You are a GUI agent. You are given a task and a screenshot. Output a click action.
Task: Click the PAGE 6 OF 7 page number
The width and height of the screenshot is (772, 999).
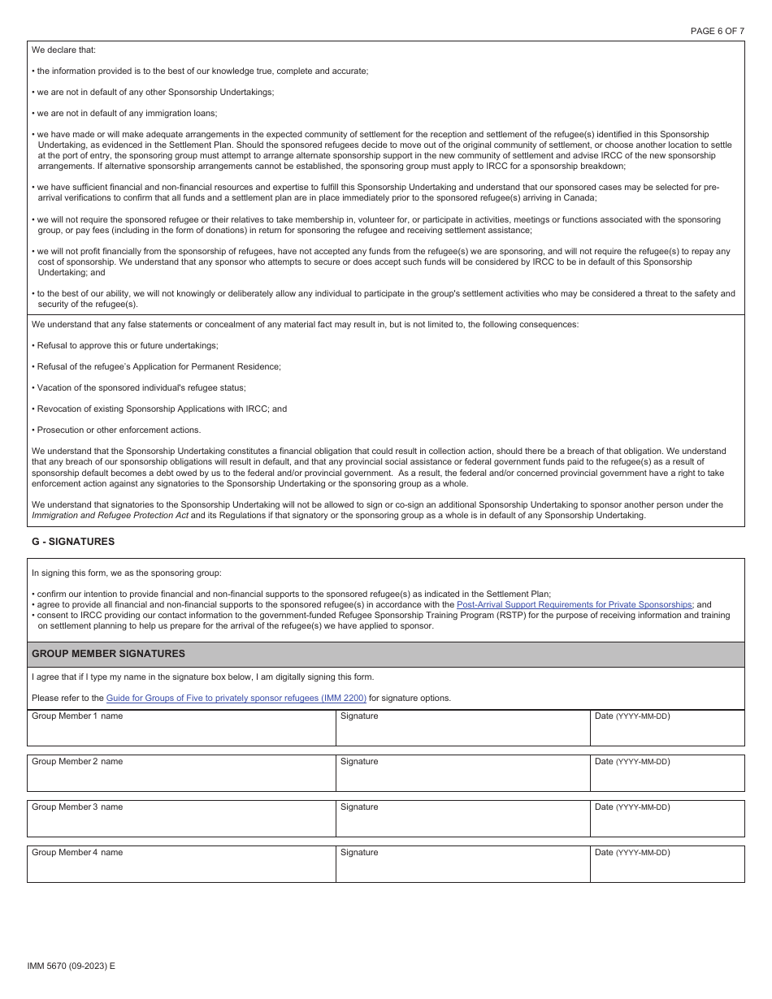(717, 31)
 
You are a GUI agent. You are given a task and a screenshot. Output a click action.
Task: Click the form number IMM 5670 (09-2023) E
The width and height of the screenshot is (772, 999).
(71, 966)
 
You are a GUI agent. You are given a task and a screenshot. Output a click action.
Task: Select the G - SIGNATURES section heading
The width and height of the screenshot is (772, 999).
(73, 542)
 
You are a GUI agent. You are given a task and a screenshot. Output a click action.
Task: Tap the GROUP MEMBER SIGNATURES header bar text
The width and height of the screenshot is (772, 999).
(108, 654)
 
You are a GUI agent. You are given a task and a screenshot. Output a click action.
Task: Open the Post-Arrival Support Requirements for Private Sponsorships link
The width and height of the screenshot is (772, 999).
(574, 604)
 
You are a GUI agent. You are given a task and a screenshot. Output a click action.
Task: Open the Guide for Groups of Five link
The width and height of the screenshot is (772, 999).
(236, 698)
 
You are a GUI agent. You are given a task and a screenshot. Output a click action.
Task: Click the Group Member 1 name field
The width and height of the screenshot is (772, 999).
(181, 733)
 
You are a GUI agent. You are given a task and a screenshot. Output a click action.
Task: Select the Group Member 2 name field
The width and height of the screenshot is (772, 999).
(181, 778)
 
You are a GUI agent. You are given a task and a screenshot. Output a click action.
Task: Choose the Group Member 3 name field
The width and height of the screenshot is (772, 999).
(181, 824)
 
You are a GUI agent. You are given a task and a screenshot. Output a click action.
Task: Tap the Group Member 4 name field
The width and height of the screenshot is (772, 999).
(181, 869)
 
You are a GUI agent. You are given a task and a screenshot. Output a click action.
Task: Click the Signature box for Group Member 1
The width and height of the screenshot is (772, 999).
(462, 733)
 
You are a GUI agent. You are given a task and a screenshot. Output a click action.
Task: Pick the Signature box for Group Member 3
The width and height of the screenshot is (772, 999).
(462, 824)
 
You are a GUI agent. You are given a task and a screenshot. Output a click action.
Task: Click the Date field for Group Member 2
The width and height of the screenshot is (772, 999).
(666, 778)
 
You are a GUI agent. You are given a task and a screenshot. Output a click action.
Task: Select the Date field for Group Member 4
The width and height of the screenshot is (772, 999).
(666, 869)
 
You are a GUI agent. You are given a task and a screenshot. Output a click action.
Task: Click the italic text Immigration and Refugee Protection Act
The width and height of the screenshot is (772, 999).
(110, 515)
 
